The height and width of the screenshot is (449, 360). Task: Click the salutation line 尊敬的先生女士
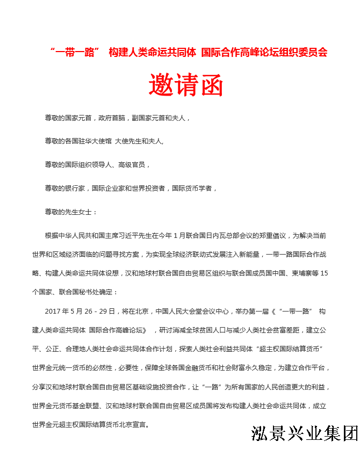pyautogui.click(x=70, y=212)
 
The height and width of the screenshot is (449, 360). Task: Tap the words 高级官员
pyautogui.click(x=131, y=164)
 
